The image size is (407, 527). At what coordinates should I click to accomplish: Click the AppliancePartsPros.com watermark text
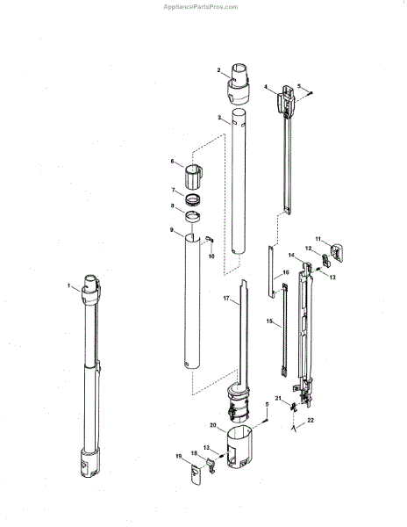click(x=200, y=7)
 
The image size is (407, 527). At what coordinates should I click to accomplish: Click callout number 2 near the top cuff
click(x=218, y=70)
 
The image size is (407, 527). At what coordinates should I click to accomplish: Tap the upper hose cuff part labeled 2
click(x=239, y=84)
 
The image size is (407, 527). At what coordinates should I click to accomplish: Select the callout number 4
click(x=266, y=87)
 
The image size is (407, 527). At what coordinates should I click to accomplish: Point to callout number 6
click(x=172, y=162)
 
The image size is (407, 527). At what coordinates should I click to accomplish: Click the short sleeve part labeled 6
click(x=194, y=177)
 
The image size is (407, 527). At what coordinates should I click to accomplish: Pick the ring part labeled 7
click(x=193, y=200)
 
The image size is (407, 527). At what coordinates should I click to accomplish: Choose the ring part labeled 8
click(x=193, y=216)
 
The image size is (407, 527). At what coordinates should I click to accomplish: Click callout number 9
click(x=171, y=229)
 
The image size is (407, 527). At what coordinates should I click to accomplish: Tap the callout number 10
click(x=211, y=256)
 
